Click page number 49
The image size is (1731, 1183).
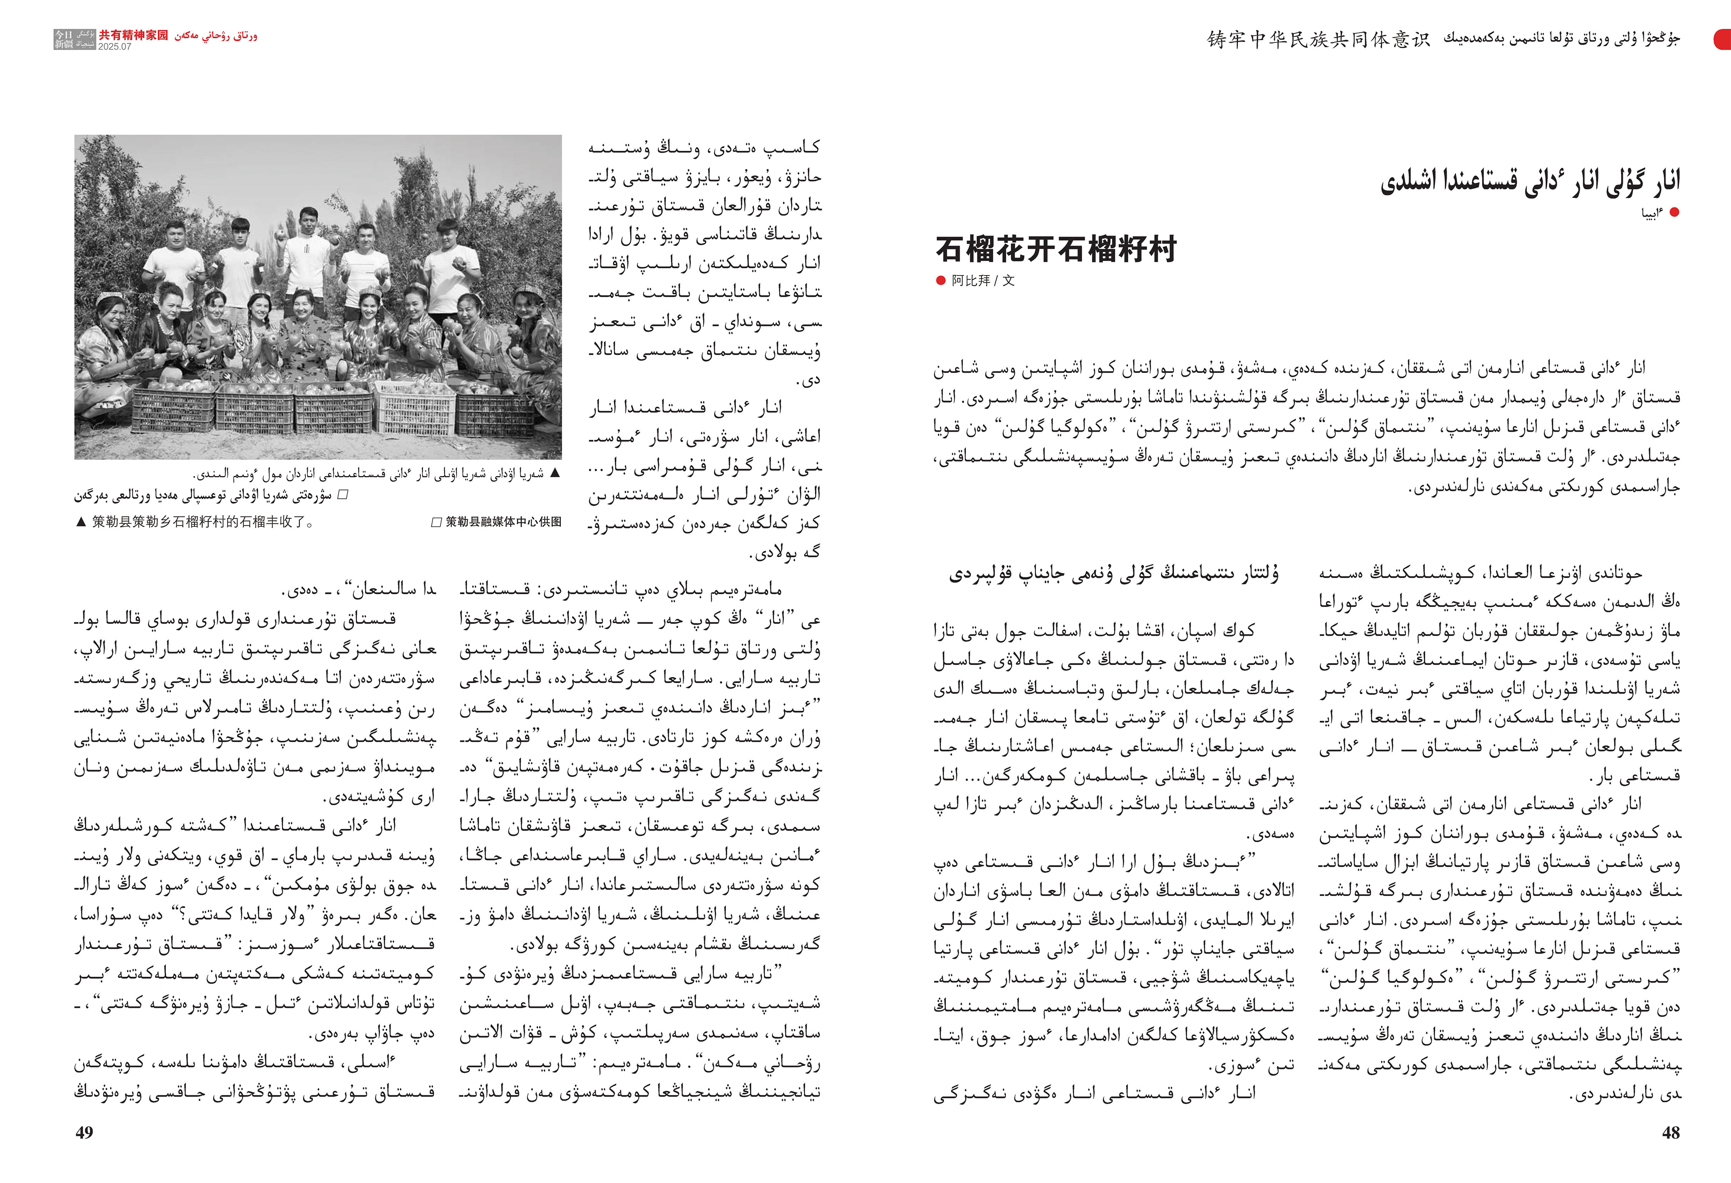(84, 1132)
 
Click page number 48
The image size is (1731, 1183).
(1671, 1132)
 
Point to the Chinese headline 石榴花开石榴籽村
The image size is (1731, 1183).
(1056, 249)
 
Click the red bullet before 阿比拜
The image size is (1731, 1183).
(941, 281)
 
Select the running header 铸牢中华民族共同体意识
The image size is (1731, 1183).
(1318, 40)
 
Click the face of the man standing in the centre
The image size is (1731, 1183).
(308, 221)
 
